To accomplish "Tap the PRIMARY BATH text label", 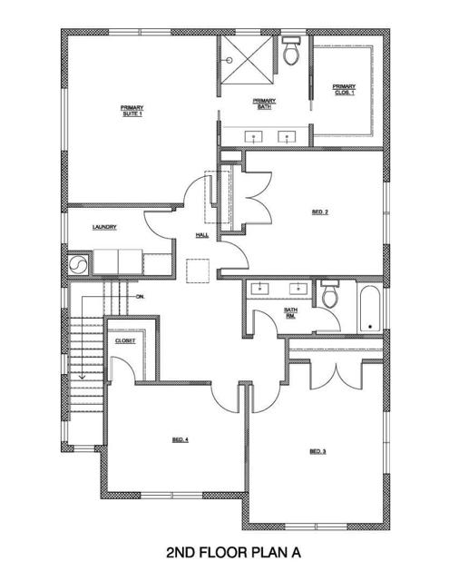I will [264, 103].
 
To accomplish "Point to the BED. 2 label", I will [319, 212].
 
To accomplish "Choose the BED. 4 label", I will [180, 439].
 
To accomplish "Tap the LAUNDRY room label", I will [104, 227].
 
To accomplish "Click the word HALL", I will [201, 236].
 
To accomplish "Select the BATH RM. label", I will [290, 312].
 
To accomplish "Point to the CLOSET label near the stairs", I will [125, 340].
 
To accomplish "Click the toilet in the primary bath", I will [291, 54].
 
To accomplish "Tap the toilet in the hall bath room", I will [329, 294].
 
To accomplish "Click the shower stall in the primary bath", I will [247, 61].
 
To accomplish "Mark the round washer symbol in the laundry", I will [77, 264].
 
